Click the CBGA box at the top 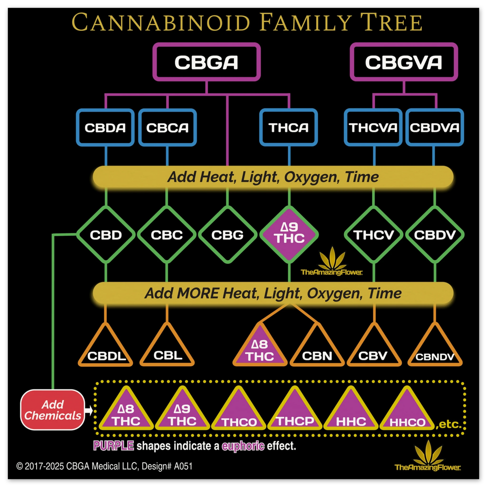click(x=206, y=62)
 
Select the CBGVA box click(x=403, y=62)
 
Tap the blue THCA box click(x=289, y=128)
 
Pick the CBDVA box click(x=434, y=128)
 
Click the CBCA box click(x=167, y=128)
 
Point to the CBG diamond click(x=227, y=235)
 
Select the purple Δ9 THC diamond click(x=289, y=234)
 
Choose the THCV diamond click(x=373, y=235)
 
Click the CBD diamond click(x=106, y=235)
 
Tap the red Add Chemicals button click(x=53, y=410)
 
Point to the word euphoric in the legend click(x=243, y=446)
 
